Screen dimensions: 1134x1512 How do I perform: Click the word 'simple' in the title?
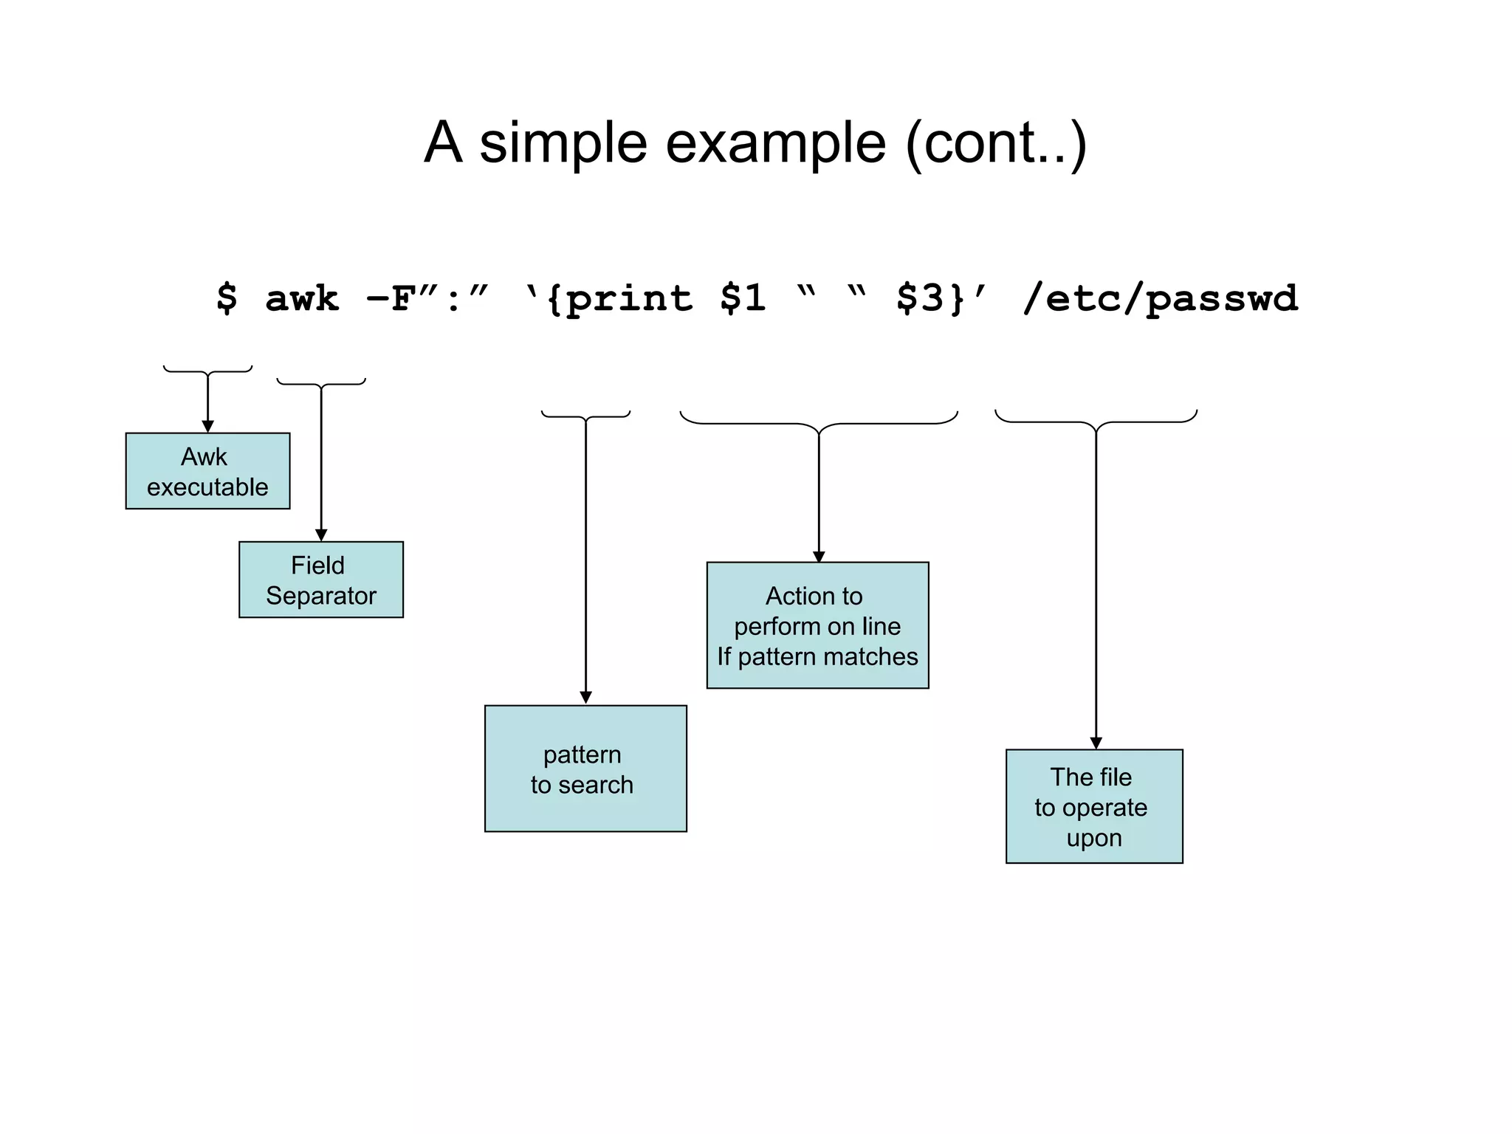tap(563, 143)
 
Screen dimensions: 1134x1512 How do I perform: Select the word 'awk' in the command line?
tap(302, 299)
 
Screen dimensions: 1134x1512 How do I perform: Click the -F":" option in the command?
tap(427, 299)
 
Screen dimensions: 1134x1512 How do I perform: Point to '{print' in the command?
tap(610, 299)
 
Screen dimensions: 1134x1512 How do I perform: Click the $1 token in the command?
tap(743, 299)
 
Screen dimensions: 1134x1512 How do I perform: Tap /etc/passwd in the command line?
tap(1160, 299)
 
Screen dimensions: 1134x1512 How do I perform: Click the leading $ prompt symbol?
tap(227, 299)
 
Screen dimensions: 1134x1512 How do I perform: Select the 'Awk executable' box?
tap(207, 471)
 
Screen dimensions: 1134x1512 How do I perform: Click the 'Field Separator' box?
tap(321, 580)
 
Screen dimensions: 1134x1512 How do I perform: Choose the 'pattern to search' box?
tap(585, 769)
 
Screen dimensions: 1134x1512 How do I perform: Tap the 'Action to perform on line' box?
tap(817, 625)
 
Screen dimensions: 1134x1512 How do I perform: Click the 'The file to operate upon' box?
tap(1094, 806)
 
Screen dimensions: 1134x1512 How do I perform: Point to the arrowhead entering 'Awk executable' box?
tap(207, 427)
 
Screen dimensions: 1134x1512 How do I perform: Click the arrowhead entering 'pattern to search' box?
tap(585, 698)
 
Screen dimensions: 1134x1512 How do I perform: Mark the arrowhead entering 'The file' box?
tap(1096, 743)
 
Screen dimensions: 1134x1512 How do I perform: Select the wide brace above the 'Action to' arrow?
tap(818, 423)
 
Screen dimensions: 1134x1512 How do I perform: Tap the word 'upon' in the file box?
tap(1093, 839)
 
